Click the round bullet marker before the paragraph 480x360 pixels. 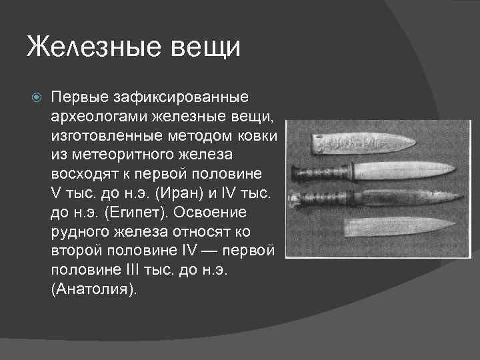coord(37,98)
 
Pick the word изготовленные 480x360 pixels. coord(102,136)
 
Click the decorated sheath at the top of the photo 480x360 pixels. coord(361,143)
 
